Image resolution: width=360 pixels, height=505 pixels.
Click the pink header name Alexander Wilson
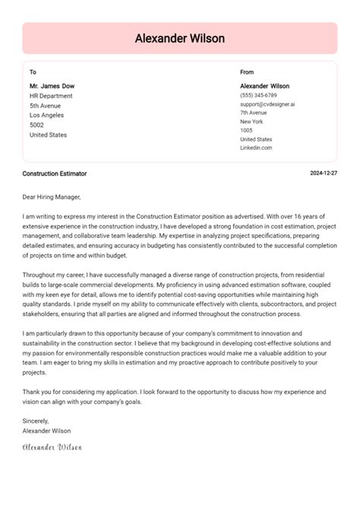pos(180,38)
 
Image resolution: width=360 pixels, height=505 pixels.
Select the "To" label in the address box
pos(33,72)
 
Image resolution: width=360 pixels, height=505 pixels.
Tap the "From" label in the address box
pos(248,72)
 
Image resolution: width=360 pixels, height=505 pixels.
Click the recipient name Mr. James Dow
pos(52,86)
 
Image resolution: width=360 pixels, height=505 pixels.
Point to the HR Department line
pos(52,96)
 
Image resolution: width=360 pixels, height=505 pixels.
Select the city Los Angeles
pos(48,115)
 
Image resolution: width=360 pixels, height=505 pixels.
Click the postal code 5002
pos(36,125)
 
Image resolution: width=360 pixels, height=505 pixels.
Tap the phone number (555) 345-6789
pos(258,96)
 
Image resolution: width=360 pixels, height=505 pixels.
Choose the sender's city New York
pos(251,122)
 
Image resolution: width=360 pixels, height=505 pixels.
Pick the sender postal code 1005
pos(247,131)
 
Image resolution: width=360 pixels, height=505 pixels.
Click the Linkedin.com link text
pos(256,148)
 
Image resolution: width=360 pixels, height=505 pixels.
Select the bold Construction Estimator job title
pos(55,174)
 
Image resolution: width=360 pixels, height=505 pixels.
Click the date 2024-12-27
pos(324,174)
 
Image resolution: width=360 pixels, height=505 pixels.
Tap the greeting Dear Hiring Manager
pos(52,197)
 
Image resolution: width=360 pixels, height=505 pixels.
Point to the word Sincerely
pos(36,421)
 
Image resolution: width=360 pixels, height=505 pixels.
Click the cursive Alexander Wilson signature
pos(52,447)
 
